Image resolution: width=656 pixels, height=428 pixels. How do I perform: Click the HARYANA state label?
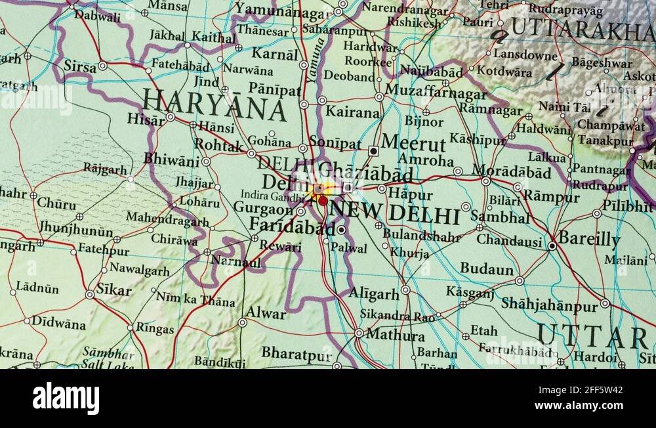(215, 106)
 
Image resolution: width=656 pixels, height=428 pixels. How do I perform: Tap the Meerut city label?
(413, 143)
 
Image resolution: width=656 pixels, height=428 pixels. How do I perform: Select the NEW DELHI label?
(394, 213)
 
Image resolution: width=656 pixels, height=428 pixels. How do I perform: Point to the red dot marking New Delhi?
(323, 201)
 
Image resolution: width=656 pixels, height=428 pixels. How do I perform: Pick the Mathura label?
(395, 335)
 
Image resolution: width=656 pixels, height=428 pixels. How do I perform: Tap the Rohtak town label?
(219, 145)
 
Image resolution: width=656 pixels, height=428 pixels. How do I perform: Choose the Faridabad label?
(292, 228)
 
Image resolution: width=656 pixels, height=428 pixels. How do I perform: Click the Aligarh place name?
(374, 293)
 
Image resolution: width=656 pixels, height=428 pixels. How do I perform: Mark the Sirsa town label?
(79, 66)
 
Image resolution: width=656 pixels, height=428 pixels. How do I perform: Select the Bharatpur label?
(297, 353)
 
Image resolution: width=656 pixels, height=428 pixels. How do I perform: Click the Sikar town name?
(114, 290)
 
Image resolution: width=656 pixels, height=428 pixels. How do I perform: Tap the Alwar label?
(266, 313)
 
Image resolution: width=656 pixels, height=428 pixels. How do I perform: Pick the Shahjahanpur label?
(549, 304)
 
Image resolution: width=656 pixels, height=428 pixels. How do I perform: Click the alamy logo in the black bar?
(66, 398)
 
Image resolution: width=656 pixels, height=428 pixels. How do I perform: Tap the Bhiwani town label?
(171, 160)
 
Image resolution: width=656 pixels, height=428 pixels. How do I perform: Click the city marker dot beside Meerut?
(373, 150)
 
